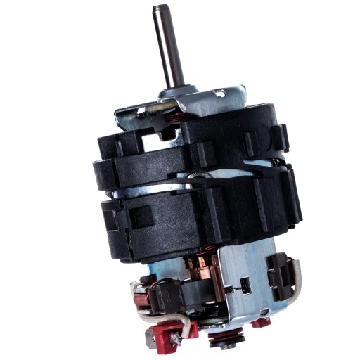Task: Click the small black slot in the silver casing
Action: [245, 285]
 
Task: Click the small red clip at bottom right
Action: [262, 323]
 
